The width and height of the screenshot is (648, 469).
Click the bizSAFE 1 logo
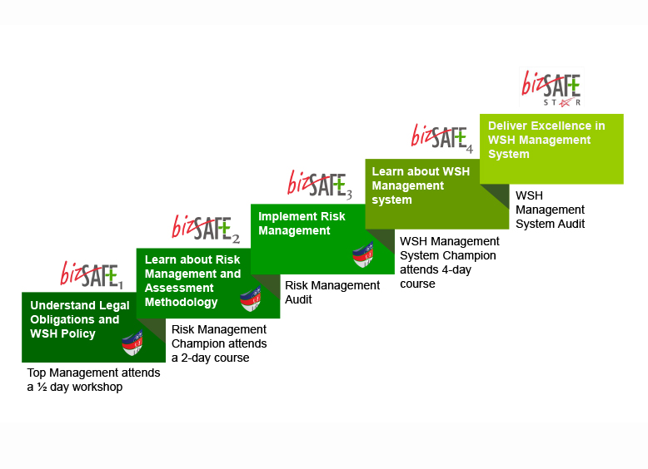[x=91, y=273]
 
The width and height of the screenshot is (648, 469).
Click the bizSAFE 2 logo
[x=206, y=228]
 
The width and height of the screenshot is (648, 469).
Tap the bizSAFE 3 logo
[x=320, y=183]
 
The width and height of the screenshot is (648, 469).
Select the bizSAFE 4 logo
[x=441, y=136]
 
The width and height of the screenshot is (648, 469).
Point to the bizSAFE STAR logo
[x=551, y=87]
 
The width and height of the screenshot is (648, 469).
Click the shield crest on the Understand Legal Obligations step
[x=133, y=343]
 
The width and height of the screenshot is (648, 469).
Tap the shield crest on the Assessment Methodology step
[x=251, y=298]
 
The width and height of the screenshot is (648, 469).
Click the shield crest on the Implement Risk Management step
[x=362, y=253]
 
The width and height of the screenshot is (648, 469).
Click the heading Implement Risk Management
[x=302, y=224]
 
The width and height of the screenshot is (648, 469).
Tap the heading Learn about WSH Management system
[x=420, y=185]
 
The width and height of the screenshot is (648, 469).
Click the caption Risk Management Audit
[x=332, y=292]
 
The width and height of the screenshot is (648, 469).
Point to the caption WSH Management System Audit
[x=550, y=210]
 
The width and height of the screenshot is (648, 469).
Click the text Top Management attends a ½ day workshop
[x=93, y=380]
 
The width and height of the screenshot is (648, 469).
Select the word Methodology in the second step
[x=182, y=302]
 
